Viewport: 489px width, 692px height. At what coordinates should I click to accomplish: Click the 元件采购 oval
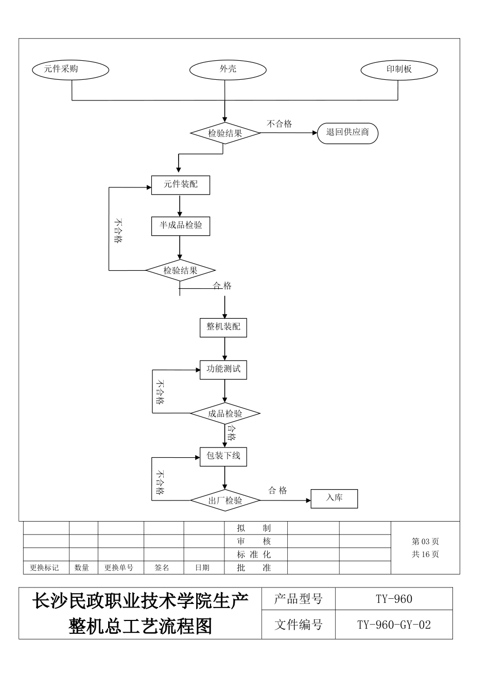71,70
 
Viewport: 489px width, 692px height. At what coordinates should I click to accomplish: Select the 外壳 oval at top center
228,70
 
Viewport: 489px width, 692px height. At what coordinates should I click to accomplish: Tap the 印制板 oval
399,70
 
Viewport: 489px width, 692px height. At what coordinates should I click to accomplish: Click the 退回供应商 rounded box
347,133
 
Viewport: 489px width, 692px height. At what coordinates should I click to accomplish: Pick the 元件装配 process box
180,185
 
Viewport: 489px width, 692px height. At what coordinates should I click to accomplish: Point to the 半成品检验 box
180,226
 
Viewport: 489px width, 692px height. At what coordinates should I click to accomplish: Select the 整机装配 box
223,327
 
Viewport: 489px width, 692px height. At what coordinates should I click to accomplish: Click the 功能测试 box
223,370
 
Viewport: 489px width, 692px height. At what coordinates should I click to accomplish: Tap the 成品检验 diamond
225,413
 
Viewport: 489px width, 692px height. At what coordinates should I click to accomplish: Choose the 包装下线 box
223,456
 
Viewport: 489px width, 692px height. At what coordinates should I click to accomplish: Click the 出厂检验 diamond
225,500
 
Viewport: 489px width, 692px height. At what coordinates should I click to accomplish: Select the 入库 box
334,498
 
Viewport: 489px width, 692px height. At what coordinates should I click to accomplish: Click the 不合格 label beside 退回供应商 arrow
280,124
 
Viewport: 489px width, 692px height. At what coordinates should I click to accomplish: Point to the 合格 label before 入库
277,491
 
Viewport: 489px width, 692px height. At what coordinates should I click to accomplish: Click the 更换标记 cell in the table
44,567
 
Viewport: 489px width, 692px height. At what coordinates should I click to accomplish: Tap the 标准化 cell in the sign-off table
254,555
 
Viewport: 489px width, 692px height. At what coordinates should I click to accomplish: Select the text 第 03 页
425,542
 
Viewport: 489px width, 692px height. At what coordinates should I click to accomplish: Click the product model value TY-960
394,599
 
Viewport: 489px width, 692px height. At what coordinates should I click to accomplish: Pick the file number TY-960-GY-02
394,625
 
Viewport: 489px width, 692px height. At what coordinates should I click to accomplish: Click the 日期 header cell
202,567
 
